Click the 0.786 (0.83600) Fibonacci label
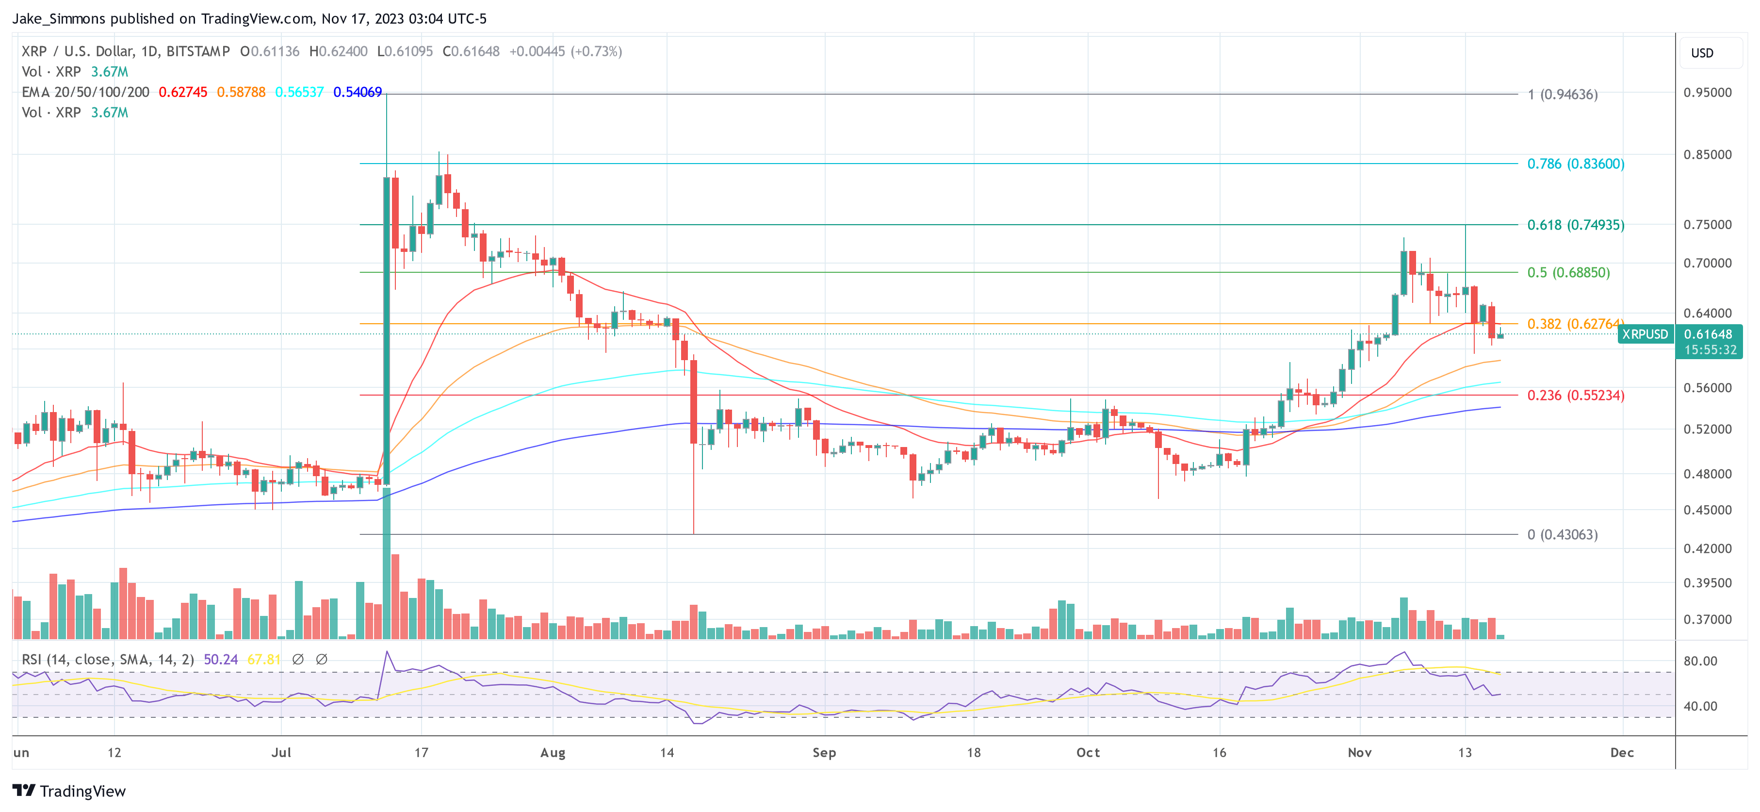1576,164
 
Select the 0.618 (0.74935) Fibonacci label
1576,225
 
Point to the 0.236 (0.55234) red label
1576,395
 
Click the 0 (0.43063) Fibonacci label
1562,534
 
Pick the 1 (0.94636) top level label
1562,94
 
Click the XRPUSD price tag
1645,334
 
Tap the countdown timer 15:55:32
1710,350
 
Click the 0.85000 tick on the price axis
1707,154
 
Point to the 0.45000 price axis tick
1707,510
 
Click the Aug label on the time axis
553,752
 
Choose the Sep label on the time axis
824,752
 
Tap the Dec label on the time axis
1621,752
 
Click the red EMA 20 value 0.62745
182,92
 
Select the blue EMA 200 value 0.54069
358,92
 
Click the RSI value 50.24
221,660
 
